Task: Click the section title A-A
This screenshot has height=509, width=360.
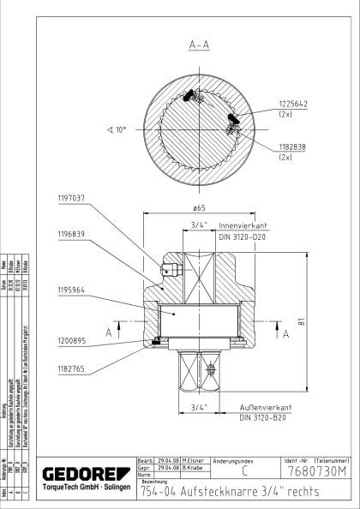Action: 199,45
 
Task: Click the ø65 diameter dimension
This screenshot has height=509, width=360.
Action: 199,208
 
